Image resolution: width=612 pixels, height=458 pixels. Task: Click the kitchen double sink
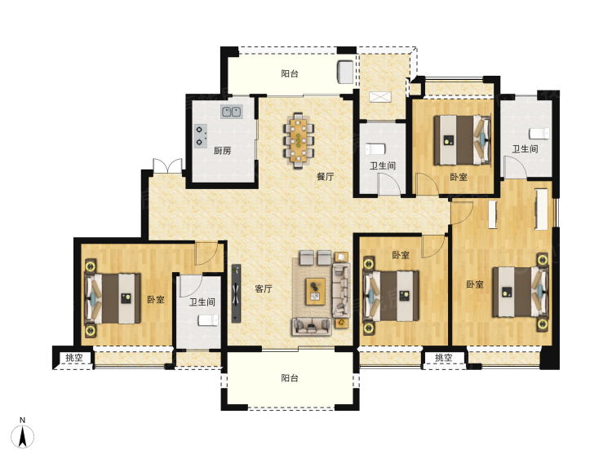click(232, 112)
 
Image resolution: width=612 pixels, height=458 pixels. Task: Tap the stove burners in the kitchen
click(201, 135)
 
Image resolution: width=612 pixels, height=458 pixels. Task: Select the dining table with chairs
click(299, 140)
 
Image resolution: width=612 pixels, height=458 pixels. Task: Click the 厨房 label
click(222, 151)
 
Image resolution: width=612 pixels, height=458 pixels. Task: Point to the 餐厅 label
click(325, 176)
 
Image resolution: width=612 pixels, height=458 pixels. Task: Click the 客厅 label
click(264, 288)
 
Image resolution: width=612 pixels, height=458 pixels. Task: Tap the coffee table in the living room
click(315, 291)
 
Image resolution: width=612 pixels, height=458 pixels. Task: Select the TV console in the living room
click(236, 293)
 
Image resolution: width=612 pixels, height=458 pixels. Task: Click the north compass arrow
click(23, 437)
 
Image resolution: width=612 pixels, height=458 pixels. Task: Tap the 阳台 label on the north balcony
click(290, 73)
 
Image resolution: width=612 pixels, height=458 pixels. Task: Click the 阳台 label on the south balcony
click(290, 378)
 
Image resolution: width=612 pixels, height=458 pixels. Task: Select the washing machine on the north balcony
click(345, 72)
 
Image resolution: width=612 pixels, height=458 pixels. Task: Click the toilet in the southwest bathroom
click(208, 320)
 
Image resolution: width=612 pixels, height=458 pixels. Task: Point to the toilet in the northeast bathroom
click(539, 134)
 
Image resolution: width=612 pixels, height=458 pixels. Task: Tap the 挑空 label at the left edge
click(73, 358)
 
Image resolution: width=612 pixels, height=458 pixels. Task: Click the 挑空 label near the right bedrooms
click(443, 358)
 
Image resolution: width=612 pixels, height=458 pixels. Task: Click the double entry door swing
click(167, 165)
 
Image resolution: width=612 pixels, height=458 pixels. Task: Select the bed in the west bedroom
click(113, 298)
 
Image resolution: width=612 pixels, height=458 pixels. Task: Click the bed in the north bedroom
click(462, 139)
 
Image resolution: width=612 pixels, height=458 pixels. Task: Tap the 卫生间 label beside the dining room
click(383, 165)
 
